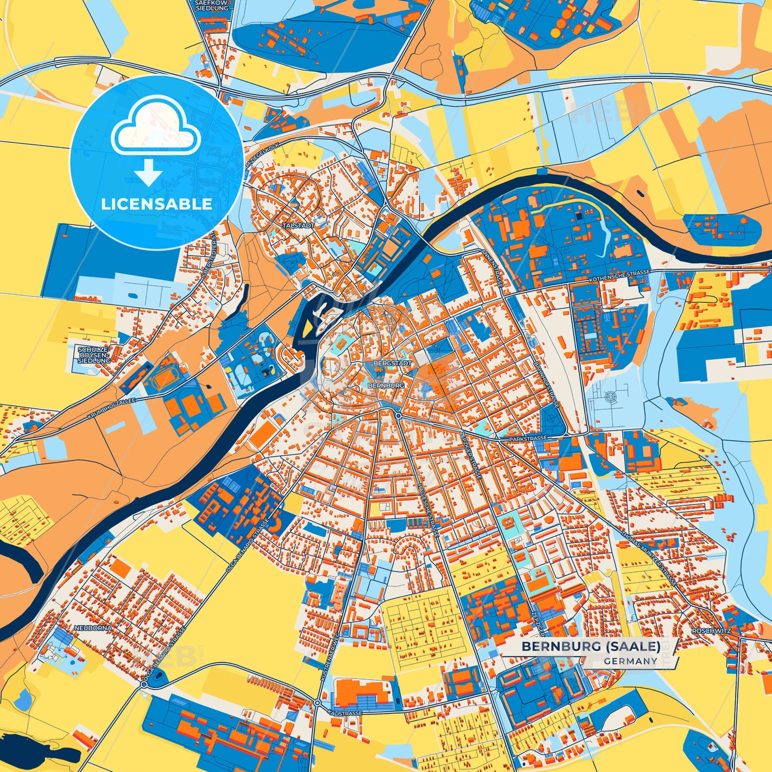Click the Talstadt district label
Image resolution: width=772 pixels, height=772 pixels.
point(299,226)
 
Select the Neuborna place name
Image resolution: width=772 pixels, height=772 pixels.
point(94,628)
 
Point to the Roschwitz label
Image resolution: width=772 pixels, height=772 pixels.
point(711,631)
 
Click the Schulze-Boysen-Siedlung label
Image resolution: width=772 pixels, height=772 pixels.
point(93,355)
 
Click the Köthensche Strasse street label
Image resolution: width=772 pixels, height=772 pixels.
point(619,276)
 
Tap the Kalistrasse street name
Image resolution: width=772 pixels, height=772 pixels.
point(346,713)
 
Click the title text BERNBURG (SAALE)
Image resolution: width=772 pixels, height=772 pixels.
point(590,646)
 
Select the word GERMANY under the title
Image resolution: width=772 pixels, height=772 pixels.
point(631,661)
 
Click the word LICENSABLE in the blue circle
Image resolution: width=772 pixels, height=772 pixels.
point(157,204)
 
